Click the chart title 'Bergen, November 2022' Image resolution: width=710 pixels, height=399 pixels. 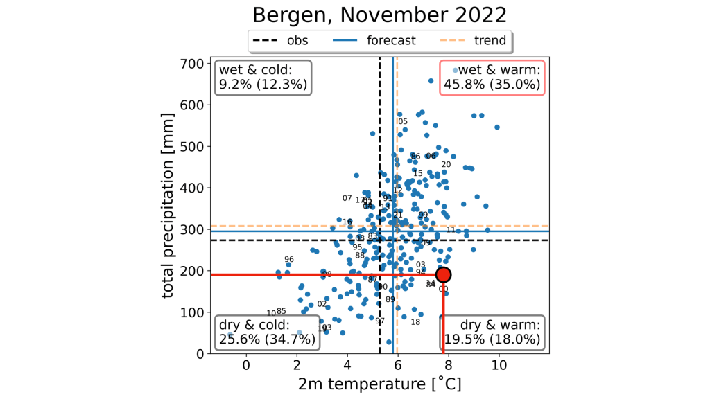click(x=379, y=15)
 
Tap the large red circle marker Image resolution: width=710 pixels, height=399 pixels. click(x=444, y=274)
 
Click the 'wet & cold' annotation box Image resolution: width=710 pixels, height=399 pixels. click(x=263, y=77)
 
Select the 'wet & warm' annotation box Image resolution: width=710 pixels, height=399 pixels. click(x=492, y=77)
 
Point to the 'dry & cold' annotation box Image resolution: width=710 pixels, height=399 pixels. click(x=268, y=332)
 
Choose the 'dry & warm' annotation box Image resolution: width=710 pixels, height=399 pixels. click(x=492, y=332)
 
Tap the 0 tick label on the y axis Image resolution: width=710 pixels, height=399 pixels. click(x=200, y=353)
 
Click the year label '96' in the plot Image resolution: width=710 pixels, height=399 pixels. click(x=289, y=260)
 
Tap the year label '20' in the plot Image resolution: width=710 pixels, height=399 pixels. click(x=446, y=165)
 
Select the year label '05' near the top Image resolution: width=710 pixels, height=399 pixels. click(x=403, y=122)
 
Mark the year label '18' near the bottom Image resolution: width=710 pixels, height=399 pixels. click(x=415, y=322)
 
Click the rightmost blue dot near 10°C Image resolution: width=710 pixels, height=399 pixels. click(x=497, y=127)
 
